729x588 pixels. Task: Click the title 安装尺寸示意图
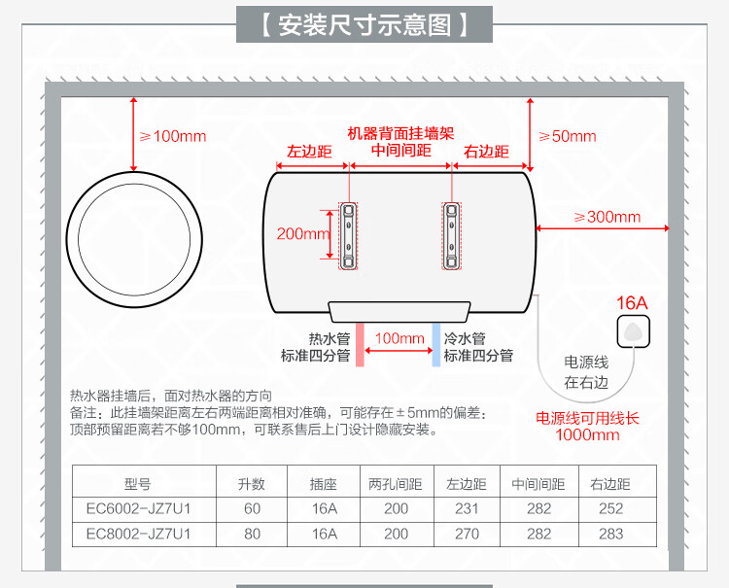pos(364,24)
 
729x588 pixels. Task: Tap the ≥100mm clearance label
pos(173,136)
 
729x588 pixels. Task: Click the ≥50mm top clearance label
pos(567,136)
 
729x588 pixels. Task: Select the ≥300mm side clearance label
pos(607,217)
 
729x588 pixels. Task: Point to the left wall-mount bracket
pos(349,235)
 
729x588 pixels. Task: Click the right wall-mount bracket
pos(452,235)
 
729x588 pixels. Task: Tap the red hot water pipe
pos(359,344)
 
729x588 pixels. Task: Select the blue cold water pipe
pos(435,344)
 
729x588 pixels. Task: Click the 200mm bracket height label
pos(303,233)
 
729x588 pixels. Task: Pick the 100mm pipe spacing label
pos(399,338)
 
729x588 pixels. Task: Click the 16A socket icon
pos(633,329)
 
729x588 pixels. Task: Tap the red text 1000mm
pos(587,434)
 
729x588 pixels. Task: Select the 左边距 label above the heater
pos(310,152)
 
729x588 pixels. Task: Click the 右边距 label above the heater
pos(486,152)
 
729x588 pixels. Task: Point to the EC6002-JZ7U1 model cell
pos(138,507)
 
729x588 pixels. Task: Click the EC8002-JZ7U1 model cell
pos(138,534)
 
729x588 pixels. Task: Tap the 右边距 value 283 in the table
pos(610,534)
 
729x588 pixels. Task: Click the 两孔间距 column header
pos(396,483)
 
